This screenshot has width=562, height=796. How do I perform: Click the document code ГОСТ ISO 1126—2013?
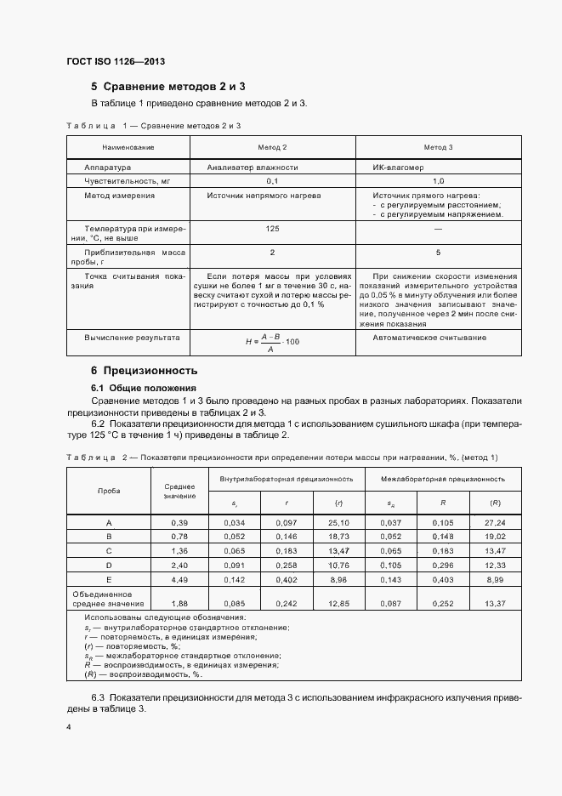[x=116, y=62]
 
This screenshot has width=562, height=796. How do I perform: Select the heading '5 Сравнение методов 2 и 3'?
[x=168, y=87]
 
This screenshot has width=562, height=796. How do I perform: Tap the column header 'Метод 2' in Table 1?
[x=273, y=147]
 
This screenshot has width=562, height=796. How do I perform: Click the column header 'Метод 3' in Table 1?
[x=438, y=147]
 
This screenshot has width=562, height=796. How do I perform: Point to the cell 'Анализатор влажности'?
[x=253, y=168]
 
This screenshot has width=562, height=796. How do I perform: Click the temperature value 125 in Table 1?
[x=273, y=230]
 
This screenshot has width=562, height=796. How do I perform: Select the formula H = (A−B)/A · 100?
[x=273, y=341]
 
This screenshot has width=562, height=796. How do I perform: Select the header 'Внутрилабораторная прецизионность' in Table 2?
[x=286, y=479]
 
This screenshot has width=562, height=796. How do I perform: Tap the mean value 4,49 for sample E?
[x=179, y=580]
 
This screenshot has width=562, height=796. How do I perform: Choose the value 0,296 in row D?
[x=442, y=566]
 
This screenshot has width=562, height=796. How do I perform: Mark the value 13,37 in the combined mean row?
[x=495, y=603]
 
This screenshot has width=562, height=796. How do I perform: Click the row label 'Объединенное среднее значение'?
[x=109, y=598]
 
